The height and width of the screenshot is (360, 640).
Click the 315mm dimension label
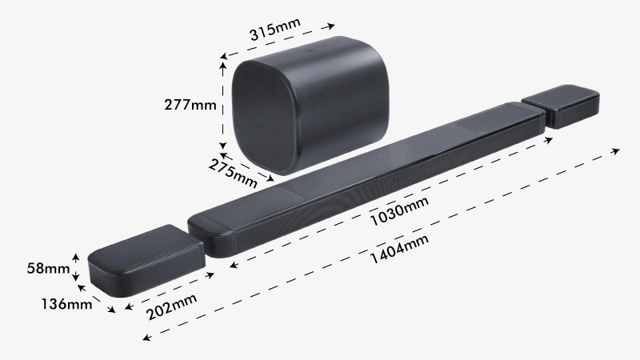[x=274, y=30]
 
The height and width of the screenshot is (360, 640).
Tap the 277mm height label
[x=190, y=105]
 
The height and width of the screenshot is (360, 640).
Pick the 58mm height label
[x=47, y=268]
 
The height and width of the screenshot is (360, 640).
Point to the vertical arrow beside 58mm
[x=76, y=267]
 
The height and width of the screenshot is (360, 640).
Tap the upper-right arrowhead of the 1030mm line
[x=550, y=139]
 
